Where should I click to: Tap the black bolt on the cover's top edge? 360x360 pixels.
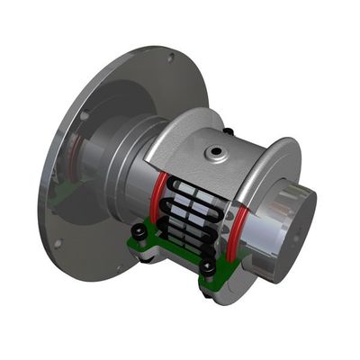point(229,132)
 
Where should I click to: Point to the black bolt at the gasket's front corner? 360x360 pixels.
point(208,267)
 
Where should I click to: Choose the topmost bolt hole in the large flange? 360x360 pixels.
point(169,58)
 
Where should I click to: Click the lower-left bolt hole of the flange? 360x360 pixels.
point(56,243)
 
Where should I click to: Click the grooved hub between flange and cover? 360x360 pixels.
point(126,171)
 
